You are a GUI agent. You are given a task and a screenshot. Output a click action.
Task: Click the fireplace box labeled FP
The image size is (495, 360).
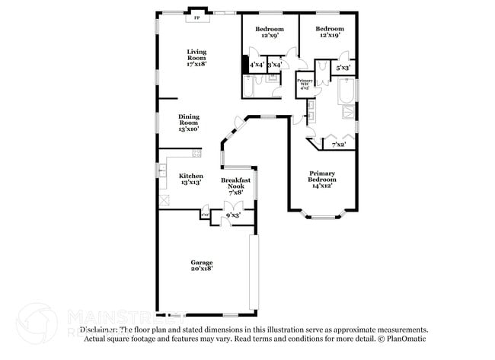(196, 16)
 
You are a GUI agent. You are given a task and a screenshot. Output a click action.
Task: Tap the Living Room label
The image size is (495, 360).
(196, 58)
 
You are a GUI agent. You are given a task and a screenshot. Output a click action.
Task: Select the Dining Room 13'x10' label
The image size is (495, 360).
(189, 123)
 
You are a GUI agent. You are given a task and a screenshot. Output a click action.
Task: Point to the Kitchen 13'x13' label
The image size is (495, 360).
(190, 180)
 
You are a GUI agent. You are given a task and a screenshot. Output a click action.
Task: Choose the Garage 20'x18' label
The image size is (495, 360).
(201, 265)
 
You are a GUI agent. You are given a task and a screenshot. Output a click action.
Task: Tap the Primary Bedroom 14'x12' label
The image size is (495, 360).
(322, 179)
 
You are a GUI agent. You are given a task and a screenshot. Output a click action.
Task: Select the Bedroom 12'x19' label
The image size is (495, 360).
(329, 32)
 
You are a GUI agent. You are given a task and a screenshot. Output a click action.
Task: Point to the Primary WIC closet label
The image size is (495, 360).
(305, 84)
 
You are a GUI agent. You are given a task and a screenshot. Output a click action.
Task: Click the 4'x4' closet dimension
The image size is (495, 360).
(257, 65)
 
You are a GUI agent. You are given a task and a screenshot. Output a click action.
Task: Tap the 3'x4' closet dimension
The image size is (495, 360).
(274, 65)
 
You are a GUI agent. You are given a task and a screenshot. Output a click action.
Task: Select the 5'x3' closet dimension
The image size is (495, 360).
(343, 68)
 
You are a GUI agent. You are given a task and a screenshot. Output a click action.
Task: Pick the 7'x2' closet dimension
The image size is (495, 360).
(338, 144)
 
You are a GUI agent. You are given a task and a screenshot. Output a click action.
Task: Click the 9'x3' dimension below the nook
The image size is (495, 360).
(232, 215)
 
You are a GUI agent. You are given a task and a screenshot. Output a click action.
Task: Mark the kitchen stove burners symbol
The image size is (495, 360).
(196, 155)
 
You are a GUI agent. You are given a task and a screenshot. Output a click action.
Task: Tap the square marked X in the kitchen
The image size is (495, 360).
(164, 199)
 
